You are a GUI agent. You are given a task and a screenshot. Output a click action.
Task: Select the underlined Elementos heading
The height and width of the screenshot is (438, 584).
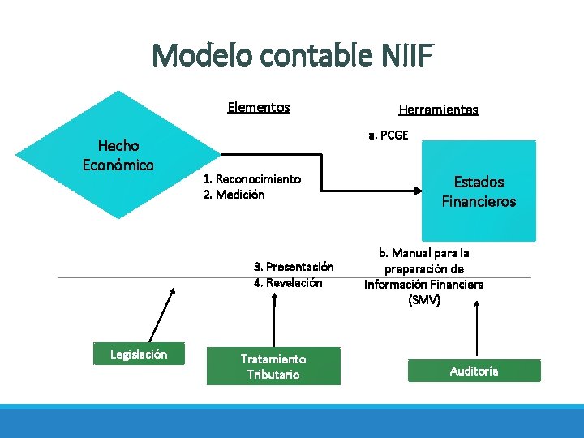pyautogui.click(x=259, y=107)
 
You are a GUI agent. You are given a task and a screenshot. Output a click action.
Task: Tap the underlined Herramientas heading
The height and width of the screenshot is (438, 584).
pyautogui.click(x=438, y=109)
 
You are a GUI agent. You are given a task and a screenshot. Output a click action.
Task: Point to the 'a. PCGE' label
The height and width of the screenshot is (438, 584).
pyautogui.click(x=389, y=135)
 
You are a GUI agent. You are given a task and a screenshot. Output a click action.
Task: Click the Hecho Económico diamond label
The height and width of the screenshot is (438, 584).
pyautogui.click(x=118, y=155)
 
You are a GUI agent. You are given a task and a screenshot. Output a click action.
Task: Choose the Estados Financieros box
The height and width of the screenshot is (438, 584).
pyautogui.click(x=479, y=191)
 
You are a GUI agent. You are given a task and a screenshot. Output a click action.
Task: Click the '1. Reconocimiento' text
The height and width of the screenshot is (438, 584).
pyautogui.click(x=251, y=178)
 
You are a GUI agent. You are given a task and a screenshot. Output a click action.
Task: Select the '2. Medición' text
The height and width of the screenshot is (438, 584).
pyautogui.click(x=234, y=195)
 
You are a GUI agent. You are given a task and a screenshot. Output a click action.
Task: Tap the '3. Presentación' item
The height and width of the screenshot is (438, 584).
pyautogui.click(x=294, y=266)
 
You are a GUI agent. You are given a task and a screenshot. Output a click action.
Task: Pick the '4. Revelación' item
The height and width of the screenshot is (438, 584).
pyautogui.click(x=288, y=282)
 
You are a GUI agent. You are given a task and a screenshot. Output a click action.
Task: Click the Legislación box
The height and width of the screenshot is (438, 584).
pyautogui.click(x=139, y=354)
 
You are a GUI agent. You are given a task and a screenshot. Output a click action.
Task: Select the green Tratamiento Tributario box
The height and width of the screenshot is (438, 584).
pyautogui.click(x=273, y=367)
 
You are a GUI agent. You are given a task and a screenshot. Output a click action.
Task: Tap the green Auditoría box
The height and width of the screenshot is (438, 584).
pyautogui.click(x=474, y=371)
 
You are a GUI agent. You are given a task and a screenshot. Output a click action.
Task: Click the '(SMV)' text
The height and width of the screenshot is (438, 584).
pyautogui.click(x=424, y=300)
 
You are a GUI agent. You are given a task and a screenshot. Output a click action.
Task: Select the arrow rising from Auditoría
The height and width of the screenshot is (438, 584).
pyautogui.click(x=475, y=328)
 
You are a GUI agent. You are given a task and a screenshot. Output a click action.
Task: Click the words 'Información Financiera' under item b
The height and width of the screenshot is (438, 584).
pyautogui.click(x=423, y=285)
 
